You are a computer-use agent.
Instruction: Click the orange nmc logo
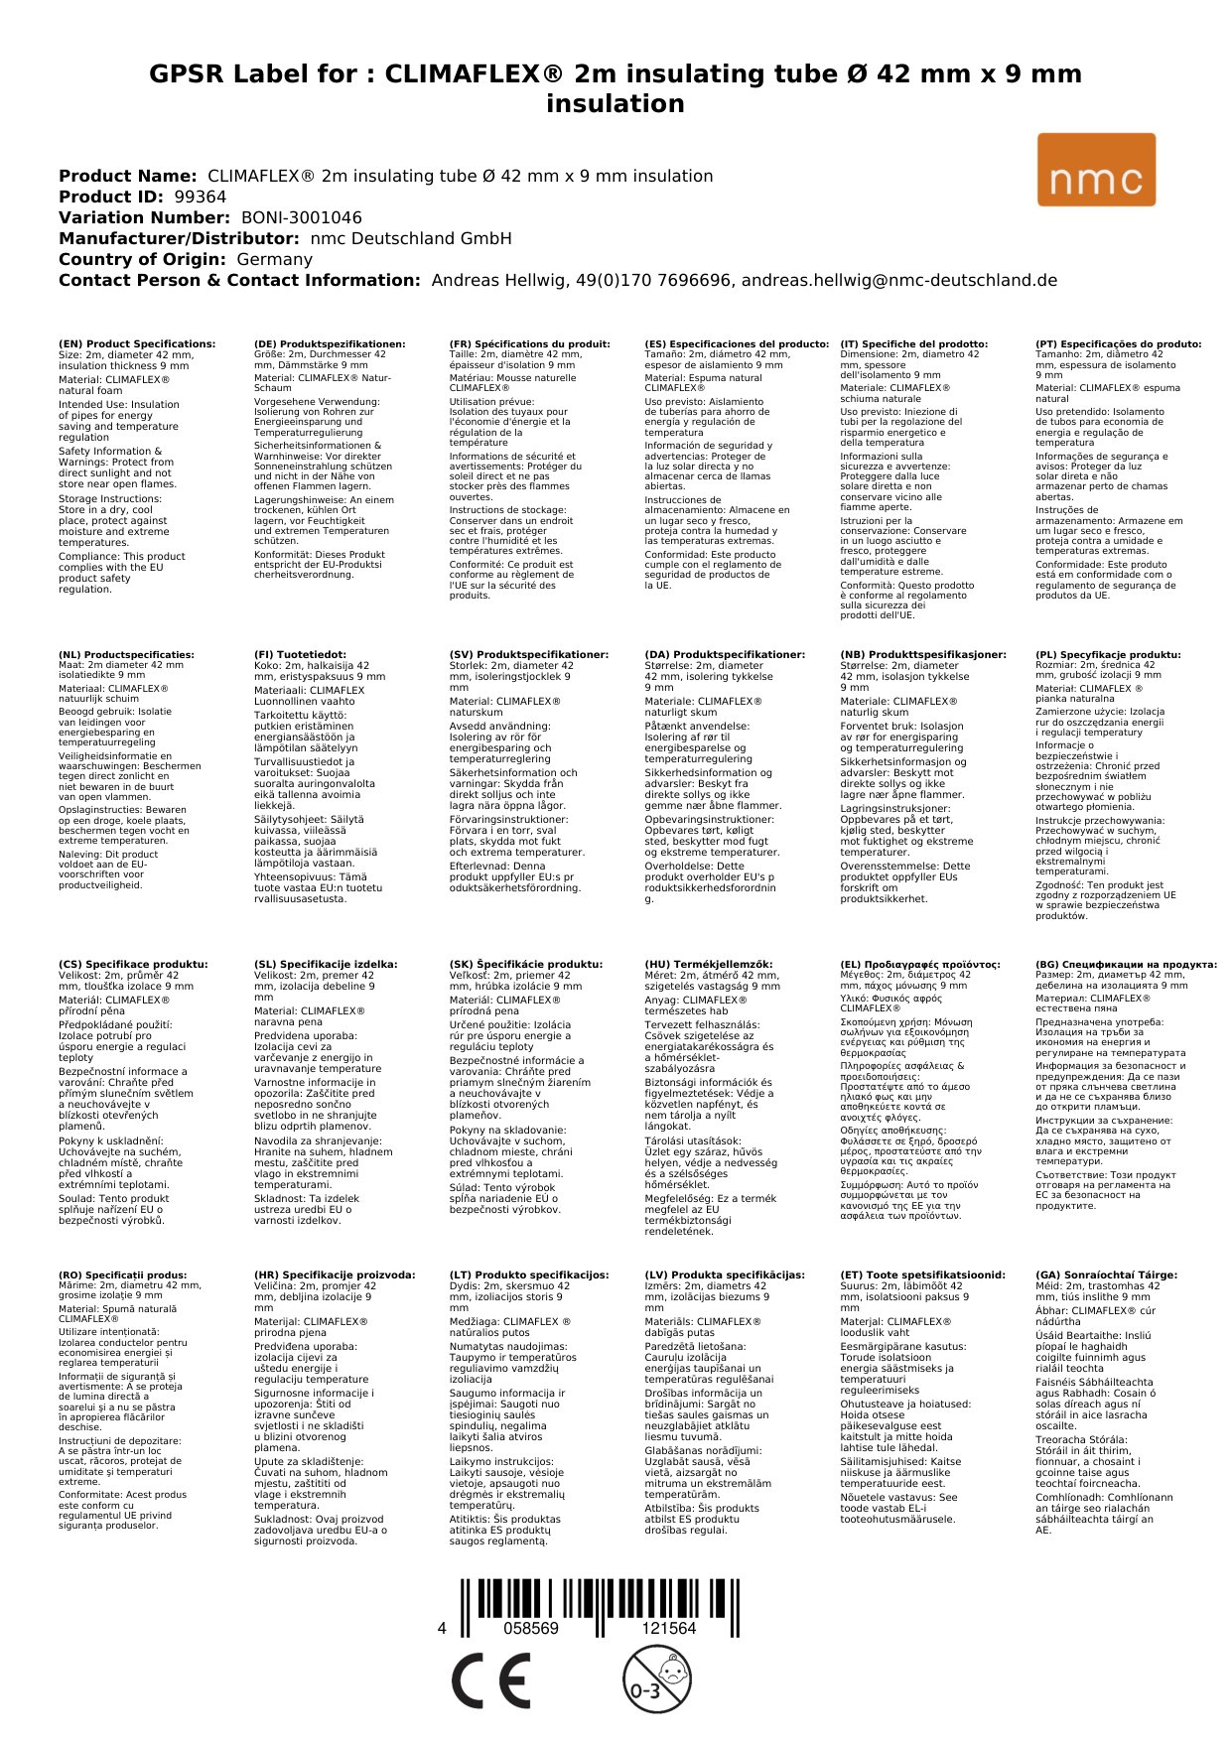click(1096, 170)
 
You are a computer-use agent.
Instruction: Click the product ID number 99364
click(201, 197)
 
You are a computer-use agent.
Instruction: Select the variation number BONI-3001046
click(302, 217)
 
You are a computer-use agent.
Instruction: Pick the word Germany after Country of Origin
click(274, 259)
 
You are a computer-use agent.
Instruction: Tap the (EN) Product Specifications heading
click(137, 344)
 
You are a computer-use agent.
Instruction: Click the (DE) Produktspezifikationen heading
click(330, 344)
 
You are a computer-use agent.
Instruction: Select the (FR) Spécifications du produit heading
click(529, 344)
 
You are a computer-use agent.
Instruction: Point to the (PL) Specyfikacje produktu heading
click(1108, 655)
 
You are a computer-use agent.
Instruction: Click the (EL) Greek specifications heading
click(920, 964)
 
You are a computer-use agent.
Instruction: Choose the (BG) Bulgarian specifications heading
click(1126, 964)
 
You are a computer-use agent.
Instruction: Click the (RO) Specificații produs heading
click(122, 1274)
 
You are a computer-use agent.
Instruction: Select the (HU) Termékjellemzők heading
click(708, 964)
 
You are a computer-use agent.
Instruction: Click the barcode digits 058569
click(531, 1628)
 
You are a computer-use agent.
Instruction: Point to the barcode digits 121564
click(669, 1628)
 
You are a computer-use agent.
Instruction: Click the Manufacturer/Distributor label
click(179, 238)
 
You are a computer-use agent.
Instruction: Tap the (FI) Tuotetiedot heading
click(300, 655)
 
